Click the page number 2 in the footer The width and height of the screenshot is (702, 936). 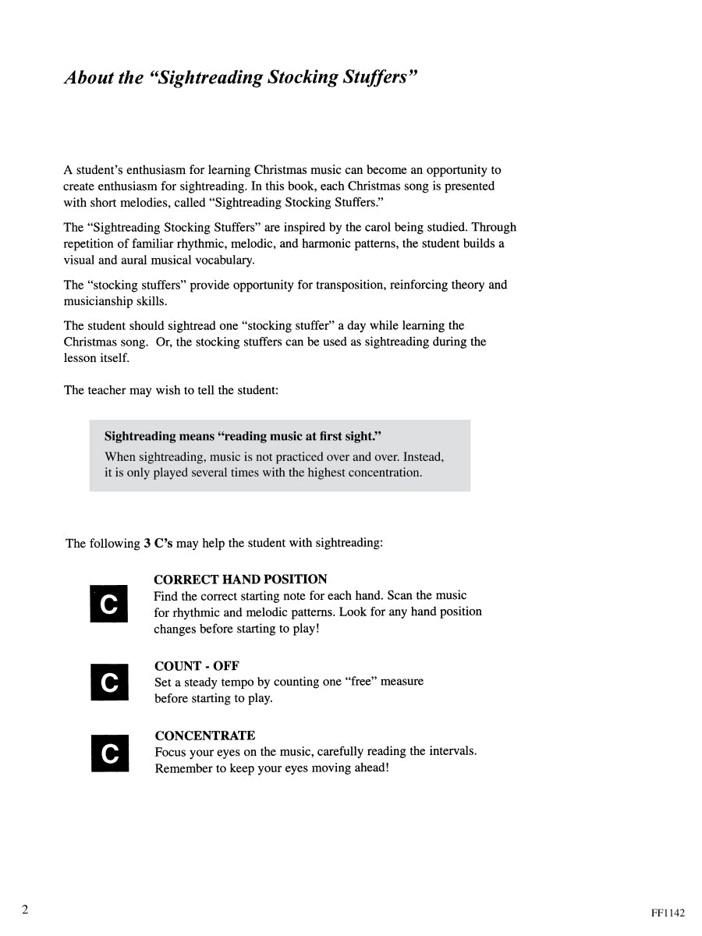pyautogui.click(x=26, y=909)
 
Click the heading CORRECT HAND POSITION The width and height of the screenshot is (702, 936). pyautogui.click(x=240, y=580)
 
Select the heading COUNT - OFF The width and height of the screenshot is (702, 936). pyautogui.click(x=197, y=665)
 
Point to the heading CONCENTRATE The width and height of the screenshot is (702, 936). pyautogui.click(x=204, y=736)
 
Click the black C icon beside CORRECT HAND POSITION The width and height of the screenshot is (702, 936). pyautogui.click(x=110, y=604)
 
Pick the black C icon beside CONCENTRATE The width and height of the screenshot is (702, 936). pyautogui.click(x=110, y=753)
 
